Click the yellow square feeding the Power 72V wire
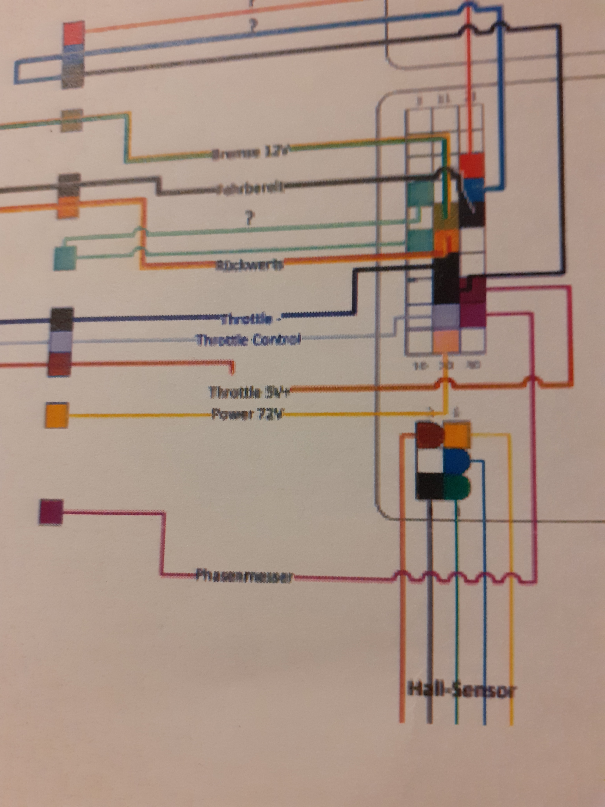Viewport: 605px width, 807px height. [56, 415]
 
